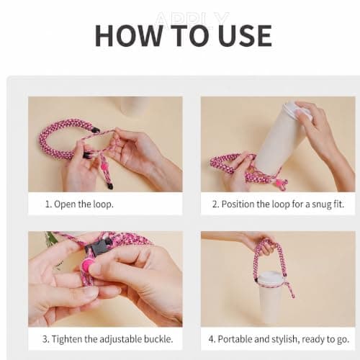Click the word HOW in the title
click(x=129, y=35)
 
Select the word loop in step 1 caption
click(x=103, y=204)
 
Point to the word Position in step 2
click(x=238, y=204)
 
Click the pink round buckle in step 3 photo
click(x=87, y=264)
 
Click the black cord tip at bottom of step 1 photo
click(x=110, y=185)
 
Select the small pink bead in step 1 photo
click(x=104, y=166)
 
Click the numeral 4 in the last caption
click(x=211, y=339)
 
